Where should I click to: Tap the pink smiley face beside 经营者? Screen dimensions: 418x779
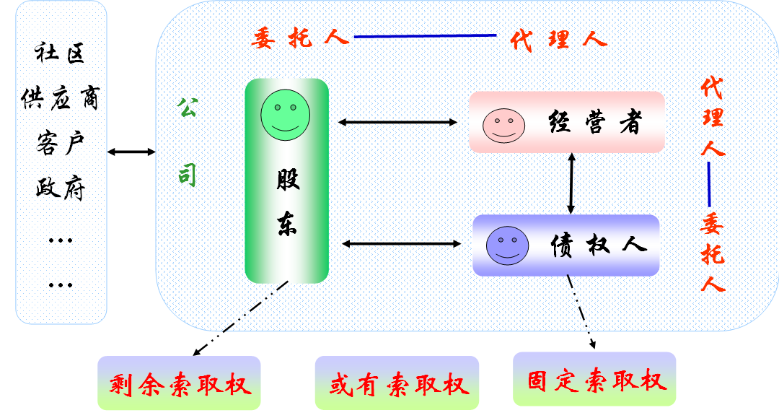[x=503, y=125]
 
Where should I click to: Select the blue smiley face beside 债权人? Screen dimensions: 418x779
[x=507, y=245]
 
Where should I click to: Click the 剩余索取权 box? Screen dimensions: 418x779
[x=179, y=383]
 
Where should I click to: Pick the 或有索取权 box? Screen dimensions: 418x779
[x=397, y=383]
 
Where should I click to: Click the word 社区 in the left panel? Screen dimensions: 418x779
[x=60, y=53]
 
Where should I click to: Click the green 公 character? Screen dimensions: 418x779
[x=188, y=109]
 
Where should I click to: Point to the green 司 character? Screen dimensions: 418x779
[x=188, y=175]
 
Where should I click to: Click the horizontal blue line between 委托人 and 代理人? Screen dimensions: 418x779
[x=426, y=36]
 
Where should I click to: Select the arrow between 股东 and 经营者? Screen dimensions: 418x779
[x=397, y=123]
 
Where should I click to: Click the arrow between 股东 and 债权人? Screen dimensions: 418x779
[x=400, y=244]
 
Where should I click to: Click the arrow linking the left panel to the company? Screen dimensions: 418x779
[x=131, y=152]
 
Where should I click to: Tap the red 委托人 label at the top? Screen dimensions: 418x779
[x=300, y=38]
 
